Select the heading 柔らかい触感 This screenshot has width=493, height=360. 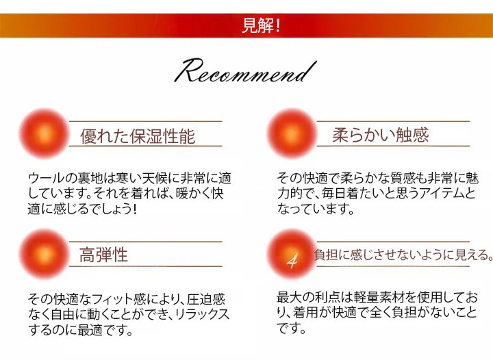coord(380,134)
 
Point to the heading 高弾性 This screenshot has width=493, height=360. coord(103,255)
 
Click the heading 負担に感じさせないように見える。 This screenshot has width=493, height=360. coord(403,255)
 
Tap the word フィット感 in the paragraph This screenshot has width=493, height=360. coord(112,298)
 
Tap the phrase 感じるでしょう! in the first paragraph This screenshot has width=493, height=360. coord(92,209)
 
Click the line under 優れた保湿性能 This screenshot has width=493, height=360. coord(145,146)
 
